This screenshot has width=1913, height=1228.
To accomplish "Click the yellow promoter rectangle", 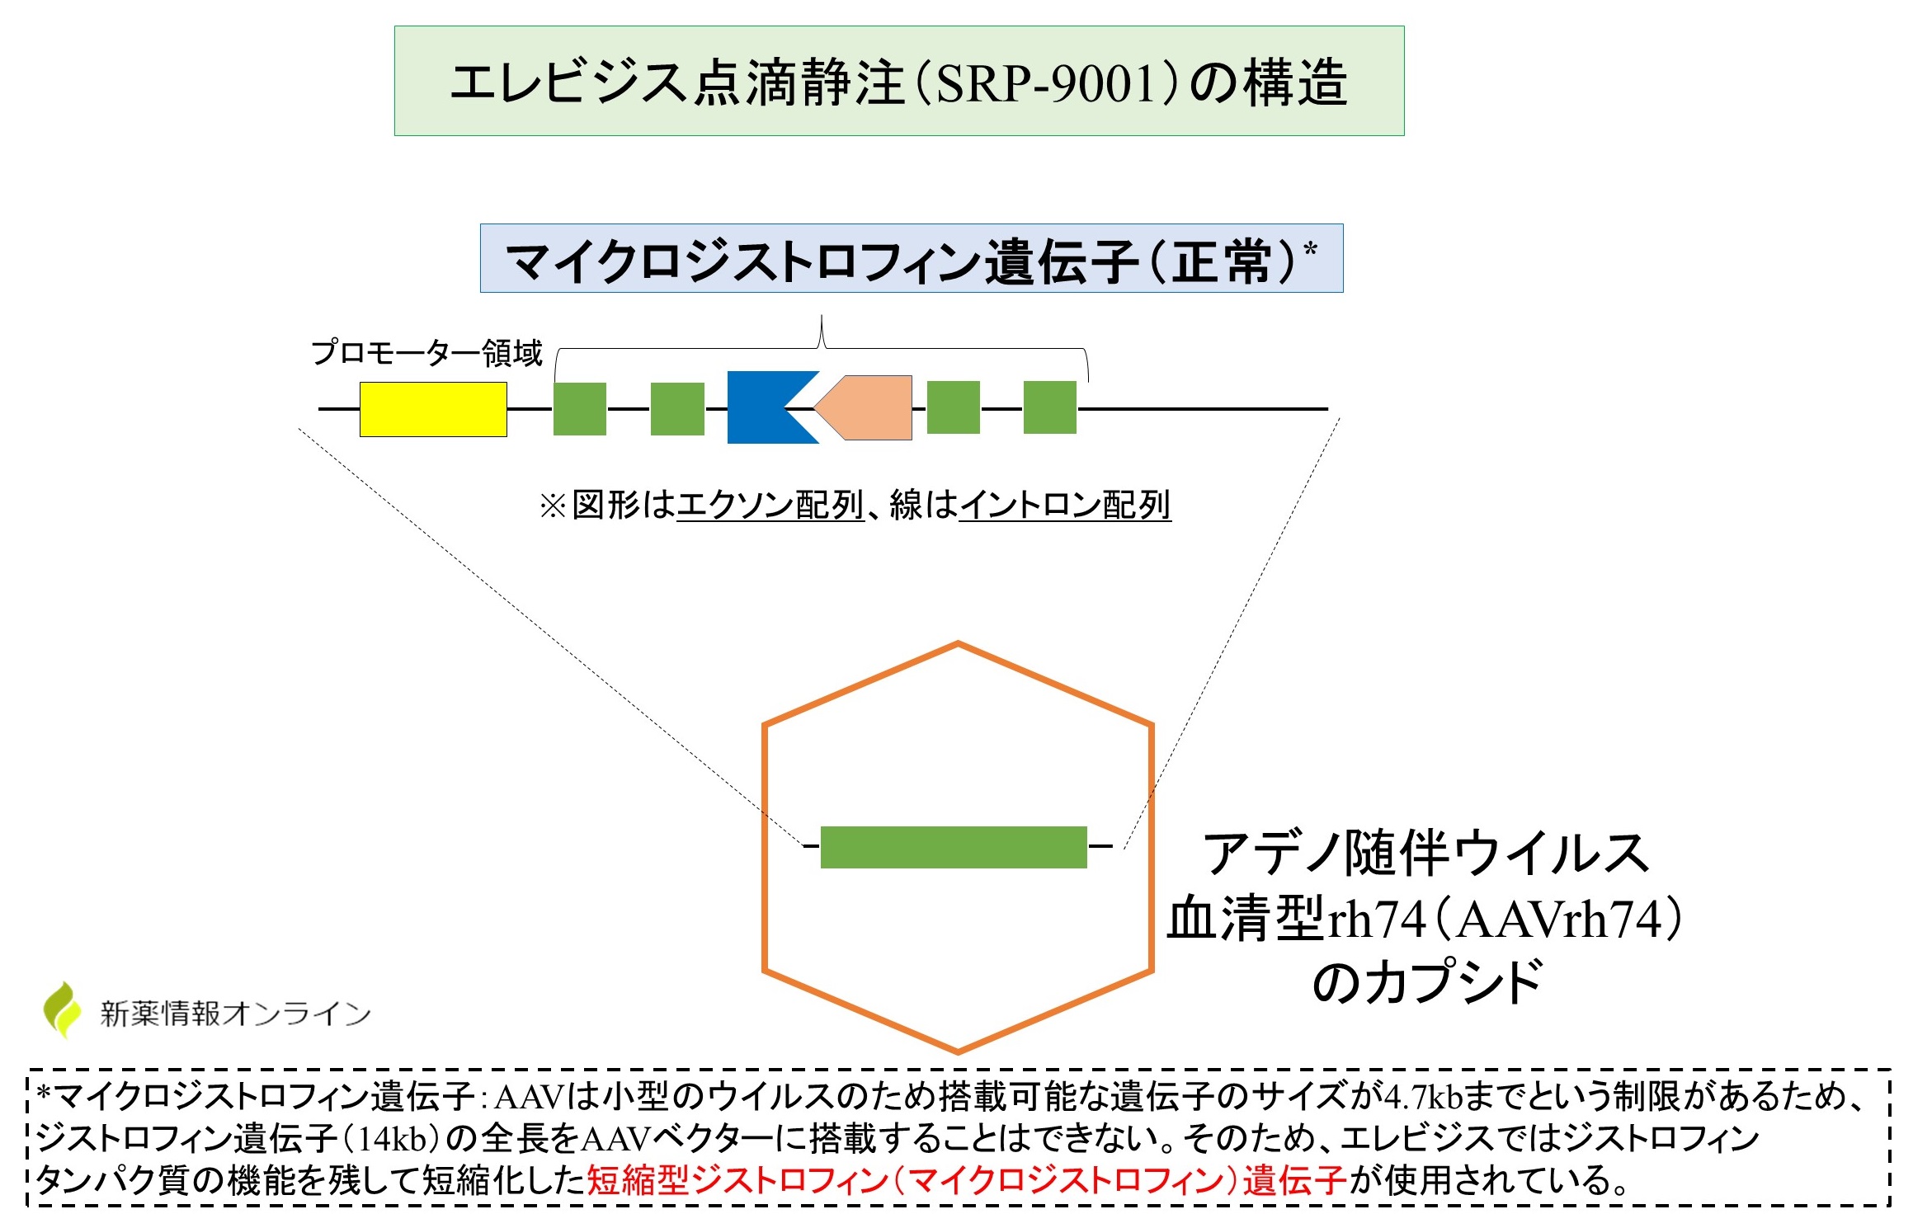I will click(x=433, y=409).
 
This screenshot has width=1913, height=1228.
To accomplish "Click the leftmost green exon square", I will click(x=579, y=408).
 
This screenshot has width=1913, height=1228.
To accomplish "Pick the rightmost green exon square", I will click(x=1049, y=407).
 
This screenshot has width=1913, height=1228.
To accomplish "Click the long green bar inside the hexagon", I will click(x=954, y=847).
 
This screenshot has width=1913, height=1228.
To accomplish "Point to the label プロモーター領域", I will click(x=426, y=353).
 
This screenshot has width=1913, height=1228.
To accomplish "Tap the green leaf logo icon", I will click(x=63, y=1009).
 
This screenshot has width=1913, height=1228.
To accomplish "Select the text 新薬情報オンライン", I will click(x=236, y=1014).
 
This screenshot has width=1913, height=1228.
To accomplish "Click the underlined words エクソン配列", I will click(x=770, y=505).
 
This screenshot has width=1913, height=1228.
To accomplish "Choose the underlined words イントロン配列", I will click(x=1064, y=505).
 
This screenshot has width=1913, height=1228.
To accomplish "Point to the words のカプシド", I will click(x=1427, y=982).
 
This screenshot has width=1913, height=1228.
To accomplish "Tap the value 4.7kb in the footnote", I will click(x=1422, y=1096).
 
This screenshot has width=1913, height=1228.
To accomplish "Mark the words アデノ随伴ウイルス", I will click(x=1425, y=853).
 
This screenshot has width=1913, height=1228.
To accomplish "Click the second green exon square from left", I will click(x=677, y=408).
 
